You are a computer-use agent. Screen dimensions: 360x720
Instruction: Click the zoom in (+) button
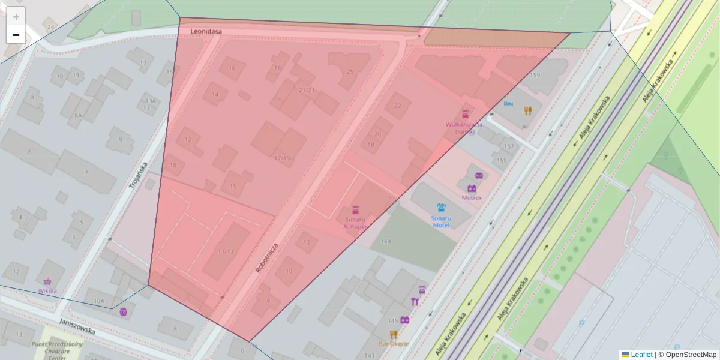tap(16, 17)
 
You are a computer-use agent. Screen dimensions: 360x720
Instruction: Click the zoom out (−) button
tap(16, 35)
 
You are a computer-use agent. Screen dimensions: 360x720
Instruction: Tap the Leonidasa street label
tap(206, 31)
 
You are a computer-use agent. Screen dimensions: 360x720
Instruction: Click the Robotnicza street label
tap(267, 258)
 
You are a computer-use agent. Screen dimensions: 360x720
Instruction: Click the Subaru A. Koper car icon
tap(355, 210)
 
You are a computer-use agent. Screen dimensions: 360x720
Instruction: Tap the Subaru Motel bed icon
tap(442, 208)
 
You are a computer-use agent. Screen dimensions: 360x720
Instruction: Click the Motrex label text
tap(472, 197)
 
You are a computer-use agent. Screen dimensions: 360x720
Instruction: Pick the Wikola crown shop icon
tap(47, 281)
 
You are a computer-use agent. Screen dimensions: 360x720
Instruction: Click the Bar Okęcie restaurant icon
tap(394, 335)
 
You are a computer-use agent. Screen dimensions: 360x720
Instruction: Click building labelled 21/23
tap(306, 91)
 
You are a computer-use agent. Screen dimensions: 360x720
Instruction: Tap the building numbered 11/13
tap(226, 251)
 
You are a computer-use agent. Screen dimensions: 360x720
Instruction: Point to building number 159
tap(535, 76)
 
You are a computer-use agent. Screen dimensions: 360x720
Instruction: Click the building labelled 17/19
tap(282, 158)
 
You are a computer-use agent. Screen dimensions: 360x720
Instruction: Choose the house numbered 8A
tap(78, 115)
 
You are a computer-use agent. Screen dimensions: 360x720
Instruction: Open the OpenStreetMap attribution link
tap(691, 355)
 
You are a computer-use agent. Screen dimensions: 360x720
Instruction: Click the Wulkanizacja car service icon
tap(465, 113)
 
